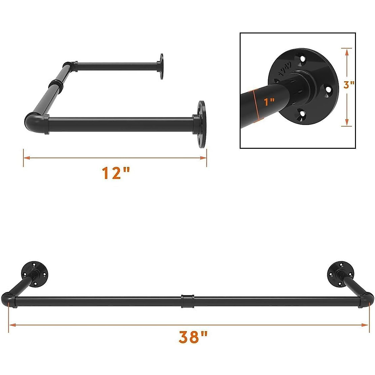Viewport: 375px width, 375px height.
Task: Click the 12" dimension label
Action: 116,173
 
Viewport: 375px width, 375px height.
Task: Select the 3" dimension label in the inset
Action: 348,85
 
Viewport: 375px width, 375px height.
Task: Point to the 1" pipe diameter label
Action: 269,102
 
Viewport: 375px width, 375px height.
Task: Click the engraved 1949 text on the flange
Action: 285,71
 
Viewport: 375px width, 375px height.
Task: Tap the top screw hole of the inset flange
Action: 302,59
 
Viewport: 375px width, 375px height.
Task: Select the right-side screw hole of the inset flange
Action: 328,90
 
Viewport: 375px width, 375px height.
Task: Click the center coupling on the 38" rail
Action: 187,301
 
